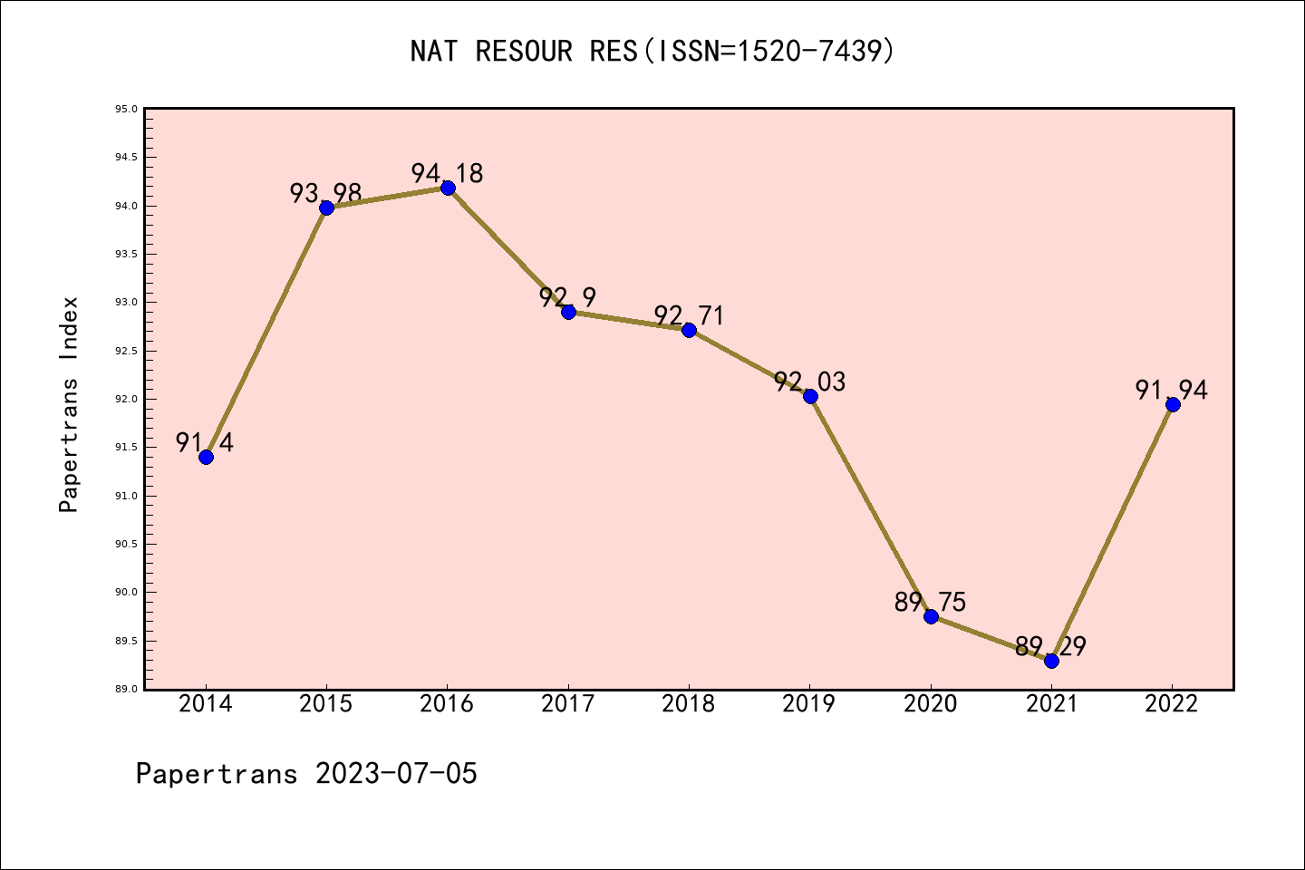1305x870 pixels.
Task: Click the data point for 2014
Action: coord(206,457)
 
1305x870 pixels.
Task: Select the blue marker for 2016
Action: coord(448,188)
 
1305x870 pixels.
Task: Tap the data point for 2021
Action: coord(1051,661)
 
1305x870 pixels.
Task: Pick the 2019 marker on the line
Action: coord(810,396)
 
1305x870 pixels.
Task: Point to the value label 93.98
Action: coord(325,193)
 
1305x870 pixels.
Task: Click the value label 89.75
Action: coord(930,602)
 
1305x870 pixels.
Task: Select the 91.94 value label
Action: coord(1172,390)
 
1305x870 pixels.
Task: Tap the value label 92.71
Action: coord(689,315)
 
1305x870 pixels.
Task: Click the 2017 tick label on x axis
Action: coord(568,704)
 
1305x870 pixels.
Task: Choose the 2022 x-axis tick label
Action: coord(1172,704)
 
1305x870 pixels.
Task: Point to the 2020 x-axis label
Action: coord(931,704)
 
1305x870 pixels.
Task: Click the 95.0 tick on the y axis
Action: coord(126,110)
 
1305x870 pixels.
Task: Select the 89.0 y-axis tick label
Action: coord(126,690)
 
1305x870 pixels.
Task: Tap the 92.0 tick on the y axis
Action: coord(126,400)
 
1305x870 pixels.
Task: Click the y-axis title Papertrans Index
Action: coord(69,404)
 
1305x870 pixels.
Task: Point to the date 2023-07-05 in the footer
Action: coord(396,774)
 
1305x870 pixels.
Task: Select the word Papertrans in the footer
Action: coord(217,774)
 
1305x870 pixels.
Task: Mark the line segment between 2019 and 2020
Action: coord(870,506)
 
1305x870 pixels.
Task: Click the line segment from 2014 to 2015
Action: coord(266,332)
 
